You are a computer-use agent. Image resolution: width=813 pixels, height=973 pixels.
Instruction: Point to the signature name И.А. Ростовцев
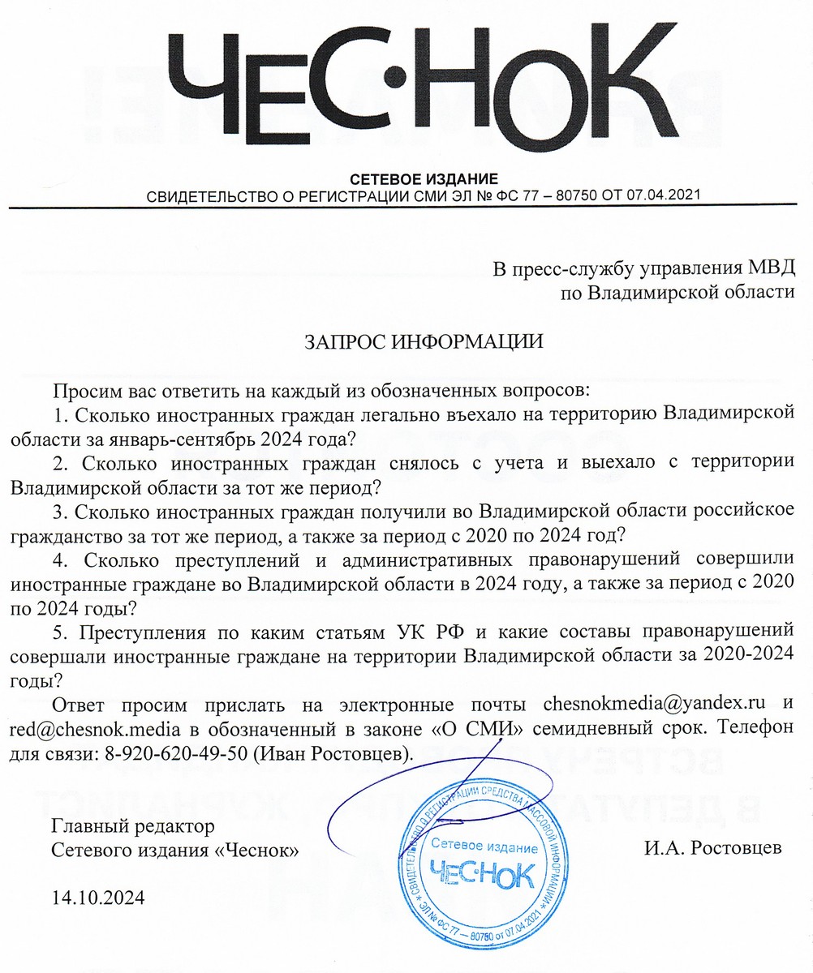click(x=714, y=849)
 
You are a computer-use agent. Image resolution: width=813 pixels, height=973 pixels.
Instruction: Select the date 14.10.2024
click(x=98, y=898)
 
